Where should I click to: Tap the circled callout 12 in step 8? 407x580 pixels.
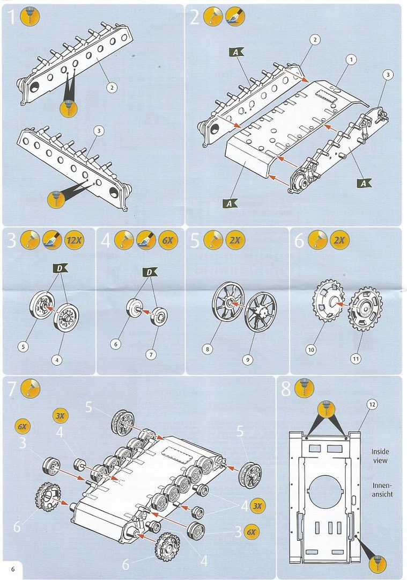[x=372, y=403]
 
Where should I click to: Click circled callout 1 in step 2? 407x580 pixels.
[x=351, y=60]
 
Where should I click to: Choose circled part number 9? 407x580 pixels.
[x=247, y=360]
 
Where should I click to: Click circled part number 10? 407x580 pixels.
[x=311, y=350]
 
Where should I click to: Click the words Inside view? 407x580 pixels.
[x=380, y=456]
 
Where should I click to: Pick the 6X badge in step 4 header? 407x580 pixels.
[x=167, y=241]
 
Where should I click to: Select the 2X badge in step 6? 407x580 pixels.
[x=339, y=241]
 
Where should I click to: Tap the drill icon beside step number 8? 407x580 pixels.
[x=304, y=389]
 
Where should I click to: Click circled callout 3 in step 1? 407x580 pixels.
[x=98, y=130]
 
